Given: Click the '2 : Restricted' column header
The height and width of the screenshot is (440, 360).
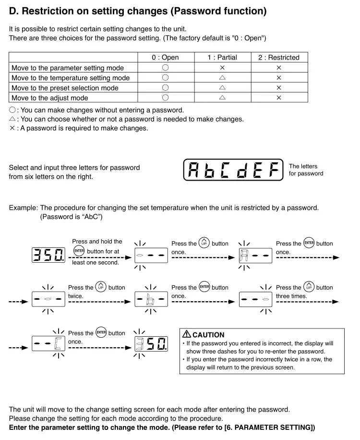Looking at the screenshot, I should click(278, 58).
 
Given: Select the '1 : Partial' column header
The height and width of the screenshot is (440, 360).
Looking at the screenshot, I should click(222, 58).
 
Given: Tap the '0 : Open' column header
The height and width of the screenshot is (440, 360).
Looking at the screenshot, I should click(165, 58).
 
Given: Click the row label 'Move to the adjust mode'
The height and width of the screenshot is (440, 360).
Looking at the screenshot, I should click(50, 98).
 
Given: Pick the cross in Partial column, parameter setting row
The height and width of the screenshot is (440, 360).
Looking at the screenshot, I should click(222, 68).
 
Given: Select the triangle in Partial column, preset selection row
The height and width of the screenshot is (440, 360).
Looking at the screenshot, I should click(222, 88).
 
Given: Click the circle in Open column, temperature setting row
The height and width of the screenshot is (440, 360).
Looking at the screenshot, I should click(165, 77).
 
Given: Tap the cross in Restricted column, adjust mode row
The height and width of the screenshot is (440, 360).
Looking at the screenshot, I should click(278, 98).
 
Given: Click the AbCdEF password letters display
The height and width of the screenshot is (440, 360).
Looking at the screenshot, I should click(233, 170).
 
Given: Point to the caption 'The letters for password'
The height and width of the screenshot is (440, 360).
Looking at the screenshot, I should click(306, 170).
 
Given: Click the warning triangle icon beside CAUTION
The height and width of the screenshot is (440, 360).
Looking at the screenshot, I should click(186, 334).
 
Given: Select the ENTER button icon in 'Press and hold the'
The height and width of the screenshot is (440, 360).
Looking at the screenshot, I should click(79, 251).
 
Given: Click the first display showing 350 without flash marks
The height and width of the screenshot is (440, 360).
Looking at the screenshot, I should click(48, 255).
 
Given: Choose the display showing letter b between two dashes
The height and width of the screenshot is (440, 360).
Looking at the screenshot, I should click(151, 299).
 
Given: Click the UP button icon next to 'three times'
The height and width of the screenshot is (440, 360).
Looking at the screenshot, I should click(309, 287).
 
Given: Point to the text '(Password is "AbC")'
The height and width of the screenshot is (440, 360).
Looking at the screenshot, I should click(71, 217).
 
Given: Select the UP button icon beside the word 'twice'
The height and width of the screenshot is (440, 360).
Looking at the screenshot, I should click(101, 287).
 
